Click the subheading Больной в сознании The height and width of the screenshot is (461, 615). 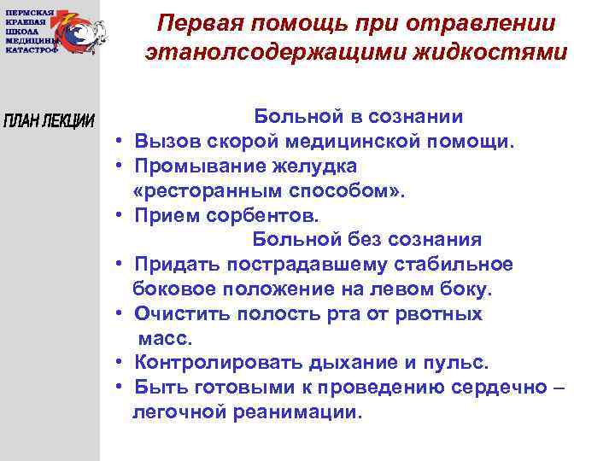(x=357, y=117)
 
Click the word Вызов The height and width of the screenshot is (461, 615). (x=166, y=141)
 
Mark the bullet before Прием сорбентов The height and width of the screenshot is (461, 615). (x=123, y=215)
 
